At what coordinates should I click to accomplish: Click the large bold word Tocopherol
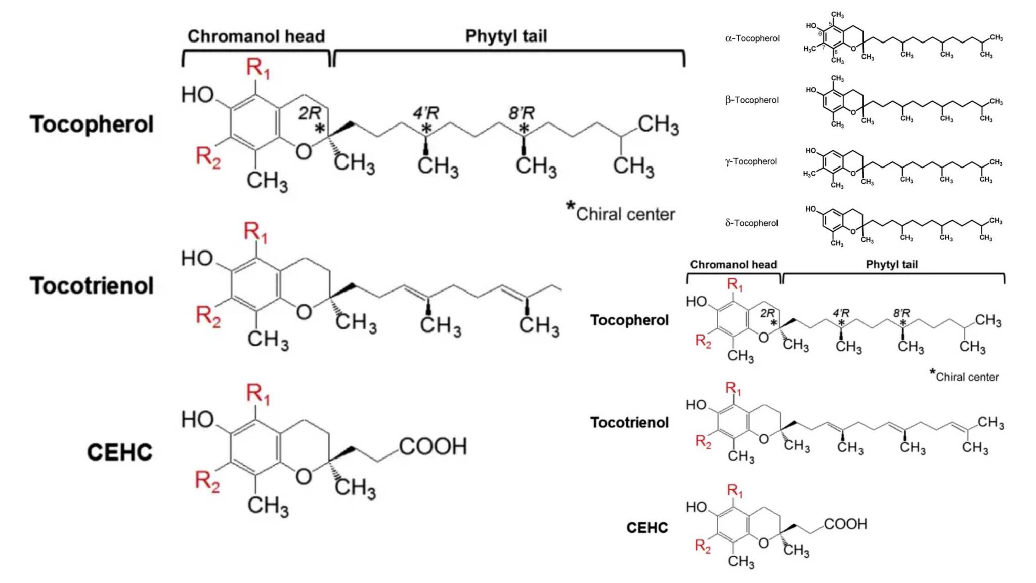92,124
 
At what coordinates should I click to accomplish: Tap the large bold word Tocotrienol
92,286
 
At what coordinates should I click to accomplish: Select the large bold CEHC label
119,452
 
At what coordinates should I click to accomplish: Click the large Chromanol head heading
256,36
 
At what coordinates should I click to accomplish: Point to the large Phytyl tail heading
506,36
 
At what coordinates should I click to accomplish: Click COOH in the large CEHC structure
433,447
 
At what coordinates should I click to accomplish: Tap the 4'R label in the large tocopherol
426,113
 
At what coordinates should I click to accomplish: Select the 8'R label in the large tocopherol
522,113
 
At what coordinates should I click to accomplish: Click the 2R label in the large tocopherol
310,113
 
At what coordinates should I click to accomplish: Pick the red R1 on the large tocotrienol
255,232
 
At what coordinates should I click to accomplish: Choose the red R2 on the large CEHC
207,481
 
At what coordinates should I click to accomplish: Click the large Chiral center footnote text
625,214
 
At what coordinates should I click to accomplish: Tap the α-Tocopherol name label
752,38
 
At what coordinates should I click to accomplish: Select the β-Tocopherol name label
752,100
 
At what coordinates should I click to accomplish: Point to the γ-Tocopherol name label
751,161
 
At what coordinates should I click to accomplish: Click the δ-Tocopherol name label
751,223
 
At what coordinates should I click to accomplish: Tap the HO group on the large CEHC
198,420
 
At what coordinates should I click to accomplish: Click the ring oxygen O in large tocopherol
304,151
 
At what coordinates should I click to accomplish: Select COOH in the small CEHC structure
845,524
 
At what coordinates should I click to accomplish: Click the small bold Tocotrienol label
629,422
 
